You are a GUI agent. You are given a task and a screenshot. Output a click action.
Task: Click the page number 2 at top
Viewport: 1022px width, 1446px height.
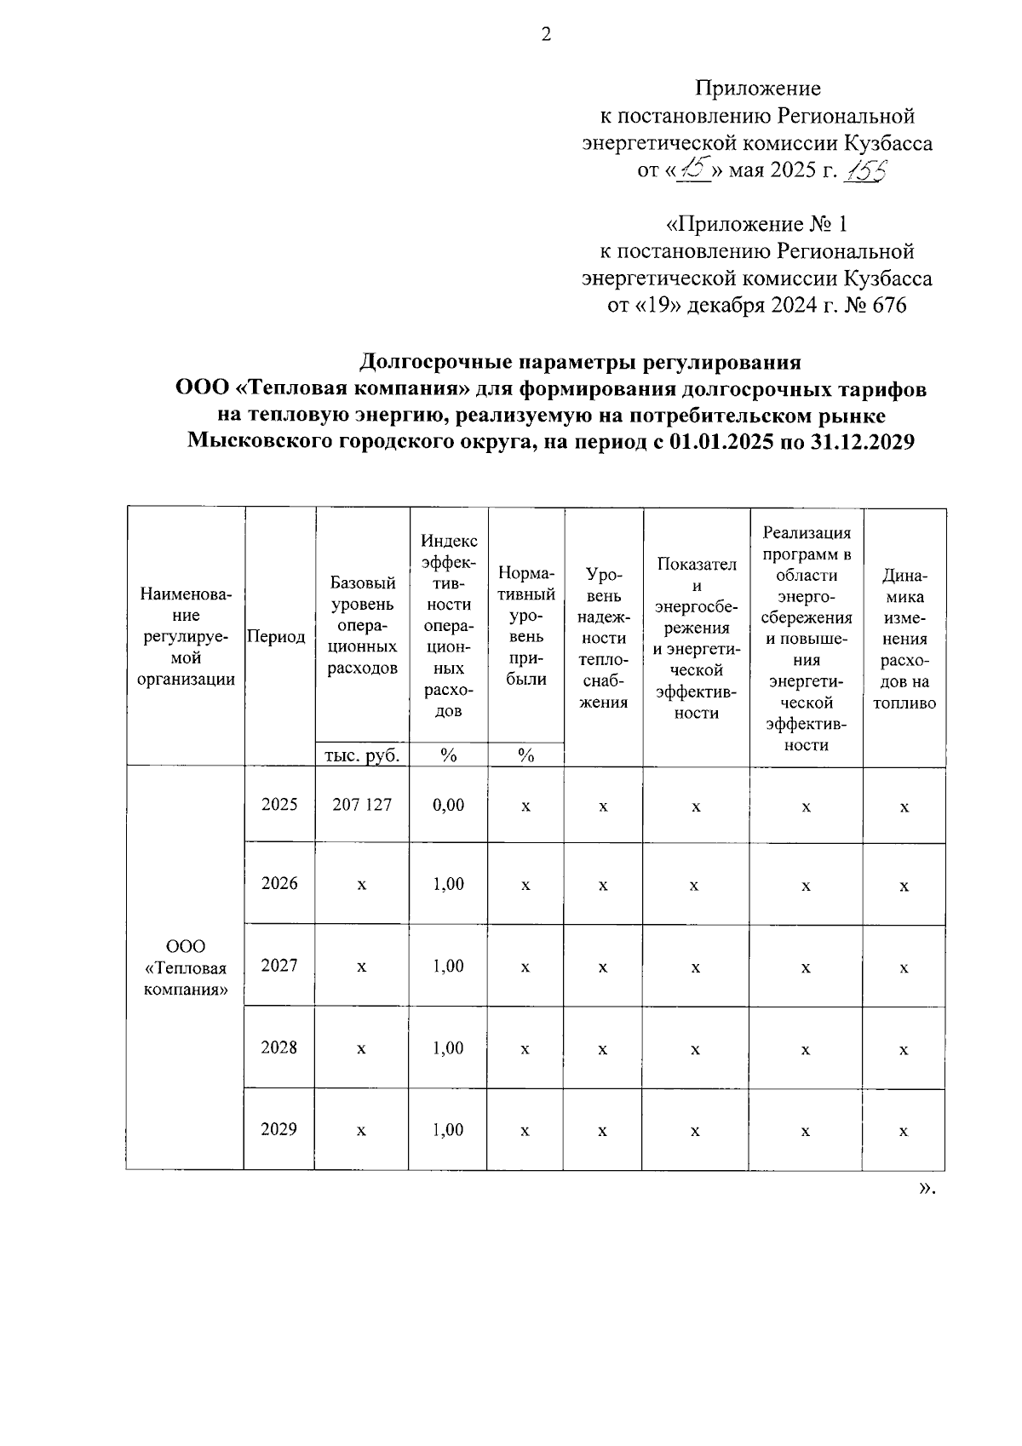547,35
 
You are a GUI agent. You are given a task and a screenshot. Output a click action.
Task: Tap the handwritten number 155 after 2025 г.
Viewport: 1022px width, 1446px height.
864,170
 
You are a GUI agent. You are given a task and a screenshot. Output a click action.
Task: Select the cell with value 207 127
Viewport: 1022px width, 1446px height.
362,805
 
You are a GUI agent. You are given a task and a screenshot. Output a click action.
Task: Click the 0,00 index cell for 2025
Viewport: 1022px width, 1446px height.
449,805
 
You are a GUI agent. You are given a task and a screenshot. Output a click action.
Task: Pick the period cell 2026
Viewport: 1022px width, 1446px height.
279,883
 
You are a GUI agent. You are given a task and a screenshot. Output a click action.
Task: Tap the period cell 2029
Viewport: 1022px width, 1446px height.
279,1130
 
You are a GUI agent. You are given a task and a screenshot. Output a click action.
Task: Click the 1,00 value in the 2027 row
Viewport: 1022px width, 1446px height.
449,966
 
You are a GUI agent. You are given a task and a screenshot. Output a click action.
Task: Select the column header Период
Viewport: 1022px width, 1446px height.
276,637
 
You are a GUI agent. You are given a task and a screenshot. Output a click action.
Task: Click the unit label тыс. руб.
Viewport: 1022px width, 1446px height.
363,755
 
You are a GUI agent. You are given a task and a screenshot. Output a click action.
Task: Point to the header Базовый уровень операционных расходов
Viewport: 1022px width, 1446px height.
363,625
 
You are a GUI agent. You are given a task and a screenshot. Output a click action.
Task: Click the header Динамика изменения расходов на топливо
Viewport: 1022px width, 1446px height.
904,638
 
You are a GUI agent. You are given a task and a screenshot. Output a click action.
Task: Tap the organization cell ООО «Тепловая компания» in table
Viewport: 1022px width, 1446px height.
186,968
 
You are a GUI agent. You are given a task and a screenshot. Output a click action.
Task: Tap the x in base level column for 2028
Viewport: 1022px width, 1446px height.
361,1049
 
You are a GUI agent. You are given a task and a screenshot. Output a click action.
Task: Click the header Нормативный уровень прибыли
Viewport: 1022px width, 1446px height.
526,625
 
